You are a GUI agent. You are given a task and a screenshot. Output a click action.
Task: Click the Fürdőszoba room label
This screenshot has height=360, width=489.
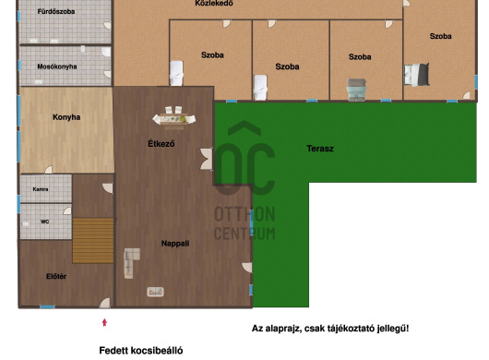pos(56,12)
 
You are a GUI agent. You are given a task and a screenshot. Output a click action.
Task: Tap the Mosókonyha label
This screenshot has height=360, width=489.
pos(57,66)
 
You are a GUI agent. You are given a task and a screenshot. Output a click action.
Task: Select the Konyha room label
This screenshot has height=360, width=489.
pos(66,117)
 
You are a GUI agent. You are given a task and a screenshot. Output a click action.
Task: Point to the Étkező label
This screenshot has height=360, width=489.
pos(161,143)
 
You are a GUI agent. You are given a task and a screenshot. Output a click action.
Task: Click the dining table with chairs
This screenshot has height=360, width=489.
pos(174,117)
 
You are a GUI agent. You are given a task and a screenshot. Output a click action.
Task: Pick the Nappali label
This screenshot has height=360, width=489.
pos(175,244)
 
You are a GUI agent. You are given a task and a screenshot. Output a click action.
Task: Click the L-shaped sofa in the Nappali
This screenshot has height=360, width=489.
pos(132,263)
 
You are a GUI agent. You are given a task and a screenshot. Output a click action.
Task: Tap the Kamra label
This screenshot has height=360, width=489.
pos(41,189)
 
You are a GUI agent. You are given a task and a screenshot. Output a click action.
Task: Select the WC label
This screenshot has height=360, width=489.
pos(44,222)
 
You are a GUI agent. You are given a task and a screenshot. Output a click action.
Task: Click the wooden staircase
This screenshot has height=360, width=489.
pos(93,241)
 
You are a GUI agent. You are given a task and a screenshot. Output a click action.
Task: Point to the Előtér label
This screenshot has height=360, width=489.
pos(56,276)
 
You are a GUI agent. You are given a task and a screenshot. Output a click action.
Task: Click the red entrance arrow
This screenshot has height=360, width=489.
pos(105,322)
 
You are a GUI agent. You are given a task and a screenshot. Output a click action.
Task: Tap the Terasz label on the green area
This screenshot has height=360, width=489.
pos(320,149)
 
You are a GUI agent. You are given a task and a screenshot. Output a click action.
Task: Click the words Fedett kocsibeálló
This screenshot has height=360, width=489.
pos(141,351)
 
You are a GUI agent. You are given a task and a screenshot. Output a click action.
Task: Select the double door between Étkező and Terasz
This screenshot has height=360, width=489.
pos(207,159)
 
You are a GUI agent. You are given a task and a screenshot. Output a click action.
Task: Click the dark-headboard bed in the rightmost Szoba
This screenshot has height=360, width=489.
pos(417,75)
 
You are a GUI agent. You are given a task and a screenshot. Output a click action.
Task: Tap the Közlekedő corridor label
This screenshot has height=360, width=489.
pos(214,3)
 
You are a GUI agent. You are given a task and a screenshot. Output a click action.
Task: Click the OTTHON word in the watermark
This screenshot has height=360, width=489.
pos(244,214)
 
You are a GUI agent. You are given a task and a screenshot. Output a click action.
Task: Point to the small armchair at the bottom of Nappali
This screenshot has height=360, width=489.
pos(155,292)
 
